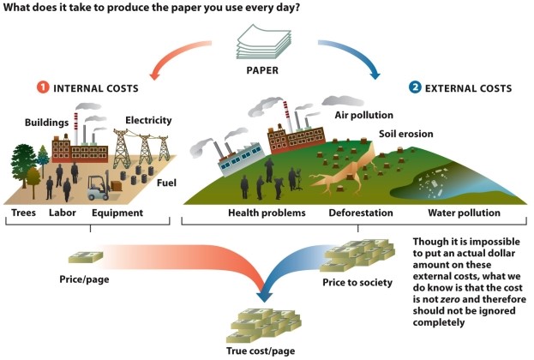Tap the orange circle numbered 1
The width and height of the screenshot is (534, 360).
pos(43,87)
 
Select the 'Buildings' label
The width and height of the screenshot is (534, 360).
pos(47,123)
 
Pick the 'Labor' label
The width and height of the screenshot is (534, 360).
pos(63,213)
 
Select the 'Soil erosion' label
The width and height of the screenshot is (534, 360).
pos(406,134)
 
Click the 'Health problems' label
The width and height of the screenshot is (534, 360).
pos(266,213)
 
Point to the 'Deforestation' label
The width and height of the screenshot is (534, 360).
pos(361,213)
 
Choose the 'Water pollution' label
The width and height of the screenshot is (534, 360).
pos(463,213)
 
